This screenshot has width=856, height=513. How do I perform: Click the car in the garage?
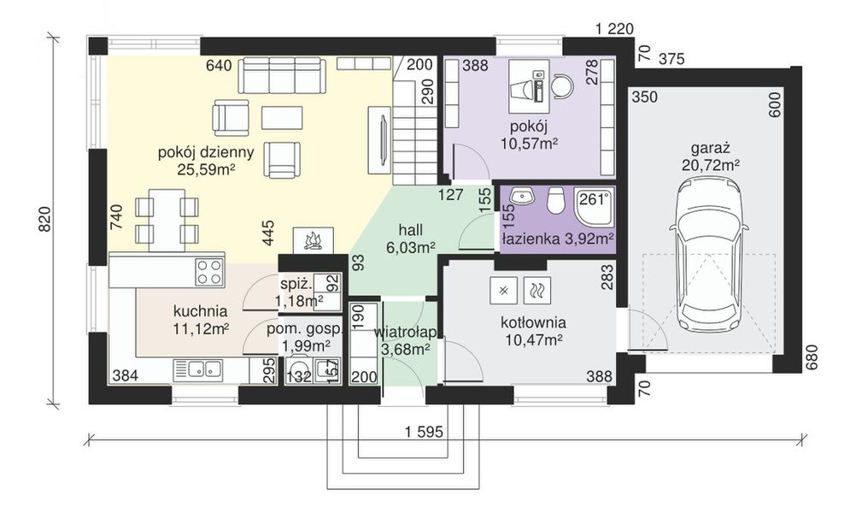pos(708,256)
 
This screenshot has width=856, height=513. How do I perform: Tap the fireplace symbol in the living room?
pos(313,240)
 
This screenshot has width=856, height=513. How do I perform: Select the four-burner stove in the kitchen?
pos(209,272)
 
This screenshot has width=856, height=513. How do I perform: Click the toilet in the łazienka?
pos(556,200)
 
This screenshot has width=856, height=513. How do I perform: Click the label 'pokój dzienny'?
pos(206,152)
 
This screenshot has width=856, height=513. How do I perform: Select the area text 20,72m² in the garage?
pos(711,164)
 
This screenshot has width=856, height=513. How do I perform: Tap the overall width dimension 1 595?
pos(424,431)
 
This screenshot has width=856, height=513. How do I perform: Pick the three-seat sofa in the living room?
pos(282,75)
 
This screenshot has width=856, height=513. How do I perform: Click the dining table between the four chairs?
pos(167,219)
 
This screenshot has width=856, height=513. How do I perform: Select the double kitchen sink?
pos(197,370)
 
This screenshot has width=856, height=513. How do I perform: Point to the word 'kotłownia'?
pos(533,322)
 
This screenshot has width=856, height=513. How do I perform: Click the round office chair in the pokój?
pos(562,85)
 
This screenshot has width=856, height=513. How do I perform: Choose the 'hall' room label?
pos(411,229)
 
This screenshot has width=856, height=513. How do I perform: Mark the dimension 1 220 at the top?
pos(615,29)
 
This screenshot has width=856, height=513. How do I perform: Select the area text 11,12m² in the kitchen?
pos(201,329)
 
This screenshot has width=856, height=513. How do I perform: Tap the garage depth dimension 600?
pos(775,103)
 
